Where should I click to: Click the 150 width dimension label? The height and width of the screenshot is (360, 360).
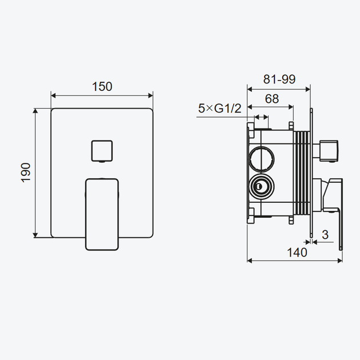[x=102, y=86]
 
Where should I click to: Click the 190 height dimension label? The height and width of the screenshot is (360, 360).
[x=26, y=173]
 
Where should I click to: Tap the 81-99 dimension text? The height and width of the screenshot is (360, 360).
[x=279, y=79]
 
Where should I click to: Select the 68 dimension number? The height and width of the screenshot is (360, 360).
[x=272, y=99]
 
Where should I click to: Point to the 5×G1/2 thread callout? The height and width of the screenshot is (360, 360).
[x=220, y=109]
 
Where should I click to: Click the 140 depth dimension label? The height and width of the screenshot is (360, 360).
[x=297, y=253]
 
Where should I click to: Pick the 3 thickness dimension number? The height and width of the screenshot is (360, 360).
[x=325, y=235]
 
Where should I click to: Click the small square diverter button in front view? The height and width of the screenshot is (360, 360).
[x=102, y=151]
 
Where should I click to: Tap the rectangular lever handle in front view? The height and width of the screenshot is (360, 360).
[x=102, y=214]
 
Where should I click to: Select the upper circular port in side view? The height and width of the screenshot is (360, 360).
[x=262, y=159]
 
